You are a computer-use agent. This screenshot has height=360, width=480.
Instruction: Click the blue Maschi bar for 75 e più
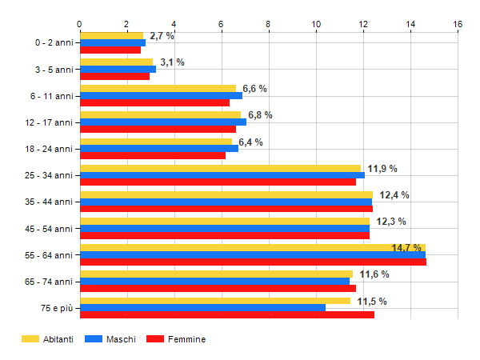point(202,308)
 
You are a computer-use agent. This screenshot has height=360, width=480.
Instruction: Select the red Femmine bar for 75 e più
point(226,315)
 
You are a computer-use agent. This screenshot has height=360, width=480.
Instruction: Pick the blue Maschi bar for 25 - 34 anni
point(222,175)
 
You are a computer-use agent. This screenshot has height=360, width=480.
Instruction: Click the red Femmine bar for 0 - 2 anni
point(110,50)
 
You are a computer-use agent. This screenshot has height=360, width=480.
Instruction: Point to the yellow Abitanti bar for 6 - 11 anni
point(158,88)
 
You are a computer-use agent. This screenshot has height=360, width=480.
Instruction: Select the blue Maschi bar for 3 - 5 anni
point(118,69)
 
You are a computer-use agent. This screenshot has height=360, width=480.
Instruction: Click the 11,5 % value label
point(372,302)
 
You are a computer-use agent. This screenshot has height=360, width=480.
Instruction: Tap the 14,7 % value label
point(406,248)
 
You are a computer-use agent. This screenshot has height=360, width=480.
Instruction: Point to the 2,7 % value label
point(162,36)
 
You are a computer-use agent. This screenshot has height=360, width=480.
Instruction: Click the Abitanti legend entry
point(47,339)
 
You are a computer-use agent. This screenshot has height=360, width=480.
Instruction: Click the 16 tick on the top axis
point(458,25)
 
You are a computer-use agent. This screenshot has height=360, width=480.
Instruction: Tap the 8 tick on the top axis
point(269,25)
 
